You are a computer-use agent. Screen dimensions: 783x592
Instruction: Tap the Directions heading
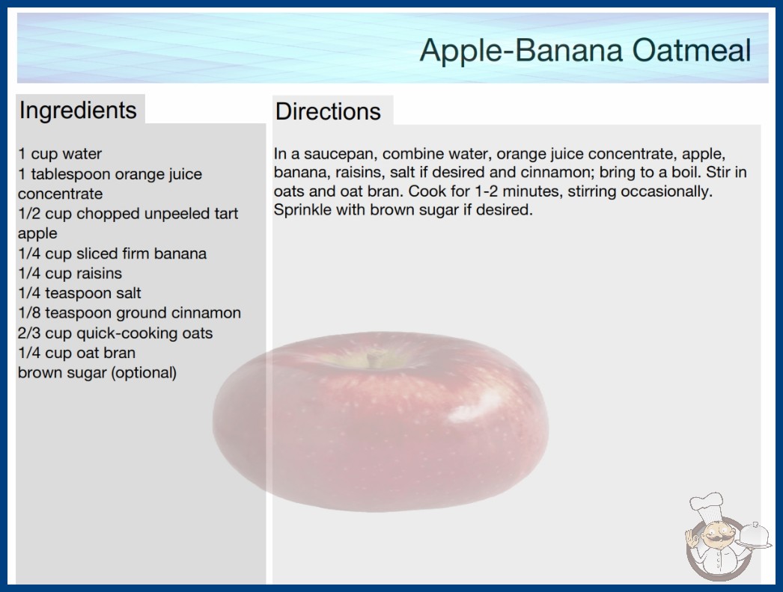click(x=328, y=111)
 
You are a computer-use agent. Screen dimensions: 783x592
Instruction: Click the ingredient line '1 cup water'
click(x=60, y=154)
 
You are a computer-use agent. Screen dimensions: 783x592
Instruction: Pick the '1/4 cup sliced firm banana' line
click(x=112, y=253)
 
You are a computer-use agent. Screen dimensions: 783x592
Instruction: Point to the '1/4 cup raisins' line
click(x=70, y=274)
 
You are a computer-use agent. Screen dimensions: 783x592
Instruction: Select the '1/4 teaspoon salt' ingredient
click(x=80, y=293)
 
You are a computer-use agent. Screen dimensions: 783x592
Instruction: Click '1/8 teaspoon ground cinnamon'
click(x=130, y=313)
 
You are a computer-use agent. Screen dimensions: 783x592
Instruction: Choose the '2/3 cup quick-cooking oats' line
click(x=115, y=333)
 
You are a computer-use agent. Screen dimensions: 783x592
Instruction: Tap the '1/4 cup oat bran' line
click(x=77, y=353)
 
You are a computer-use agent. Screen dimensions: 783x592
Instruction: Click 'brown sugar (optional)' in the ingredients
click(x=97, y=373)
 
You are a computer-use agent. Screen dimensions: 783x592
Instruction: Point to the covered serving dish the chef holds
click(x=755, y=537)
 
